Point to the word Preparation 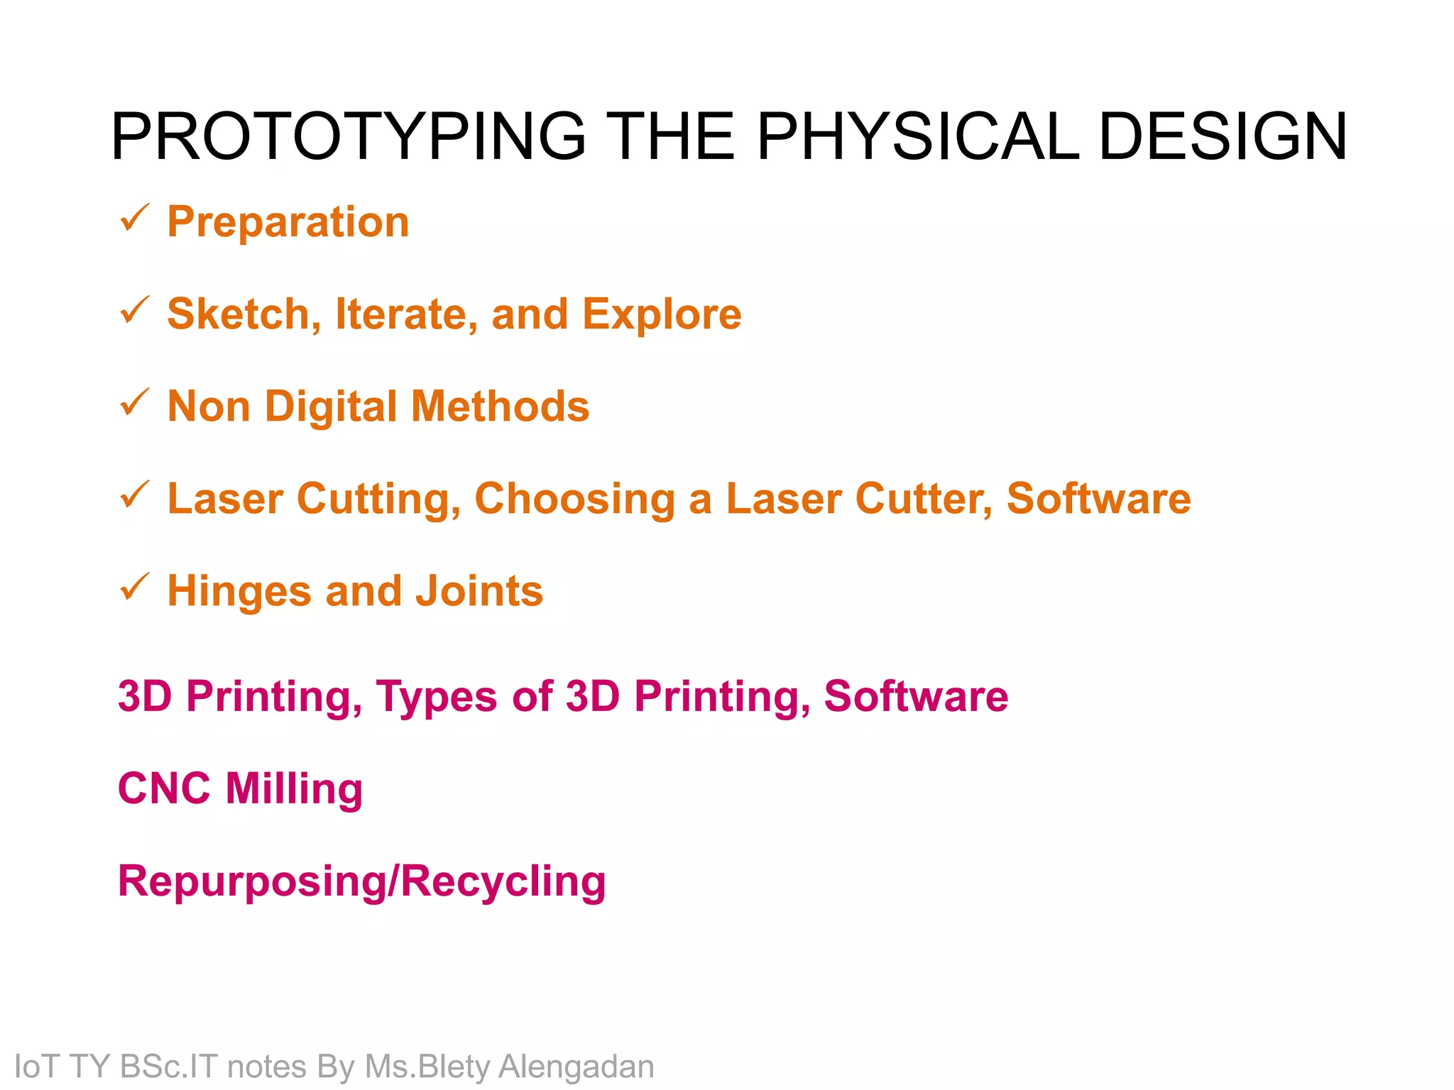click(288, 222)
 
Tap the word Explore click(662, 314)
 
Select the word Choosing click(574, 499)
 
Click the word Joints click(479, 591)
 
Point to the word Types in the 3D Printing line click(437, 696)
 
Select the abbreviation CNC click(164, 788)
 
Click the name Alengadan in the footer click(576, 1067)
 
